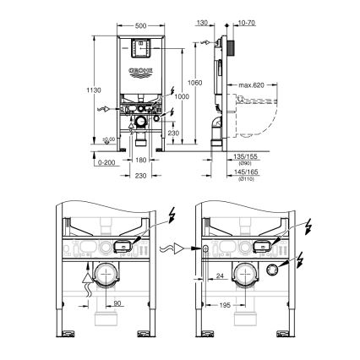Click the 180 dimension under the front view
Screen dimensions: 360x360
141,159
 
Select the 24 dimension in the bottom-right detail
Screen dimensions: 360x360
219,275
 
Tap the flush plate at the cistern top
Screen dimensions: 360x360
140,49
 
